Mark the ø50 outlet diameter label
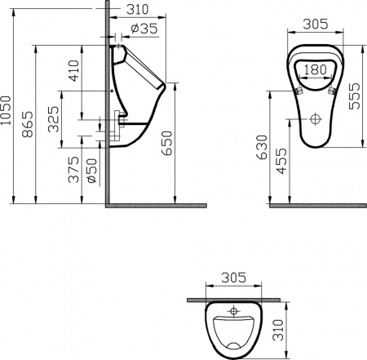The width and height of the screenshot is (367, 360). pyautogui.click(x=91, y=170)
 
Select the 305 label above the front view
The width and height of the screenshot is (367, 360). pyautogui.click(x=315, y=24)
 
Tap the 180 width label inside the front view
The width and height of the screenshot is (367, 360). pyautogui.click(x=315, y=70)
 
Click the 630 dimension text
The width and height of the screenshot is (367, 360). pyautogui.click(x=260, y=145)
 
